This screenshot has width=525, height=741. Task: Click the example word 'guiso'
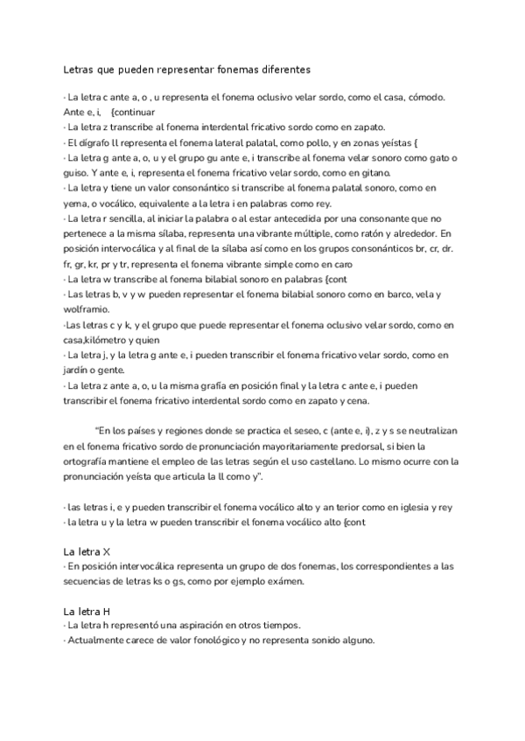(77, 173)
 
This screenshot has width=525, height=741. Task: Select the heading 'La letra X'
(87, 551)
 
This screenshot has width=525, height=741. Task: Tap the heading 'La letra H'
(87, 611)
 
